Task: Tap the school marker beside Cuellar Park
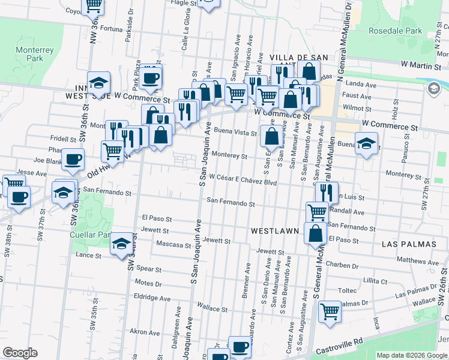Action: tap(122, 244)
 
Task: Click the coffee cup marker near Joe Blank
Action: tap(73, 160)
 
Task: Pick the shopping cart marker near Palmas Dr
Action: tap(330, 311)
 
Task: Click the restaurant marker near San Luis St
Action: tap(326, 193)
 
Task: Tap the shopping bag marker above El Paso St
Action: tap(315, 233)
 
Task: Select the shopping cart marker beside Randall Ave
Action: tap(317, 211)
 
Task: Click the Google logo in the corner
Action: tap(20, 353)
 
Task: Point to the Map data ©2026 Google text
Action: tap(412, 355)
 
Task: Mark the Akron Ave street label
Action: tap(145, 331)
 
